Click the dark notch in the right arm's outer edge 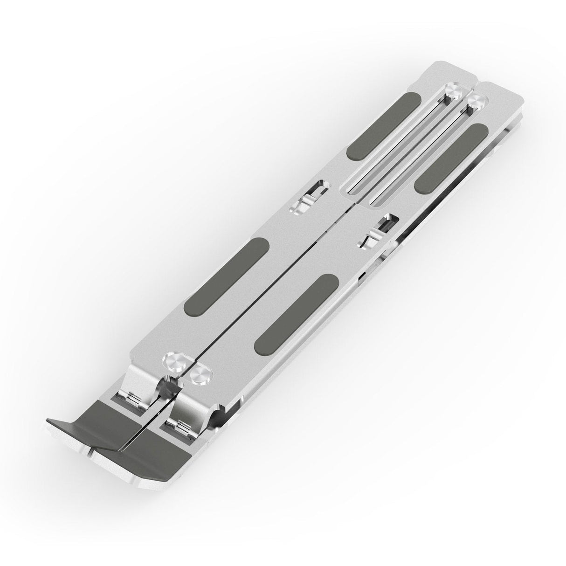362,278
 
